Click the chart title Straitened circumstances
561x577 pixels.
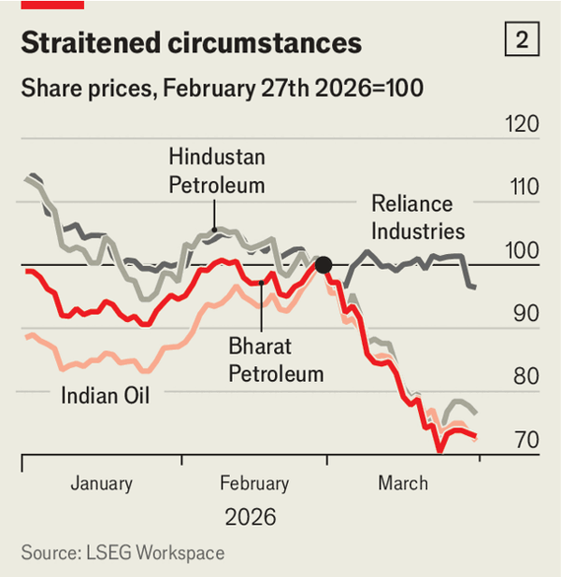[x=191, y=43]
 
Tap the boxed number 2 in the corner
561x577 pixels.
[x=522, y=40]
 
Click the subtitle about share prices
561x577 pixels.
[x=223, y=90]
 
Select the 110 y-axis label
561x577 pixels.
[x=521, y=187]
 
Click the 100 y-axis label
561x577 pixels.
[x=521, y=250]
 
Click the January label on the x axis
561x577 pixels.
[x=101, y=483]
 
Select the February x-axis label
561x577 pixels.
[x=254, y=483]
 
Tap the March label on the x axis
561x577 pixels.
[x=403, y=483]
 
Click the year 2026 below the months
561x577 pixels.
[x=251, y=516]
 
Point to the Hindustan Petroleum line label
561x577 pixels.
[x=217, y=171]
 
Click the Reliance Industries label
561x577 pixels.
[x=417, y=217]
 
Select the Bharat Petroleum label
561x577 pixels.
[x=276, y=359]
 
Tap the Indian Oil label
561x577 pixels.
[x=106, y=395]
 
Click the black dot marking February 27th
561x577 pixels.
[x=324, y=265]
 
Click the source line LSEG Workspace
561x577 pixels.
[x=122, y=553]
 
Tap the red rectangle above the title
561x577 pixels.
[x=52, y=5]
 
